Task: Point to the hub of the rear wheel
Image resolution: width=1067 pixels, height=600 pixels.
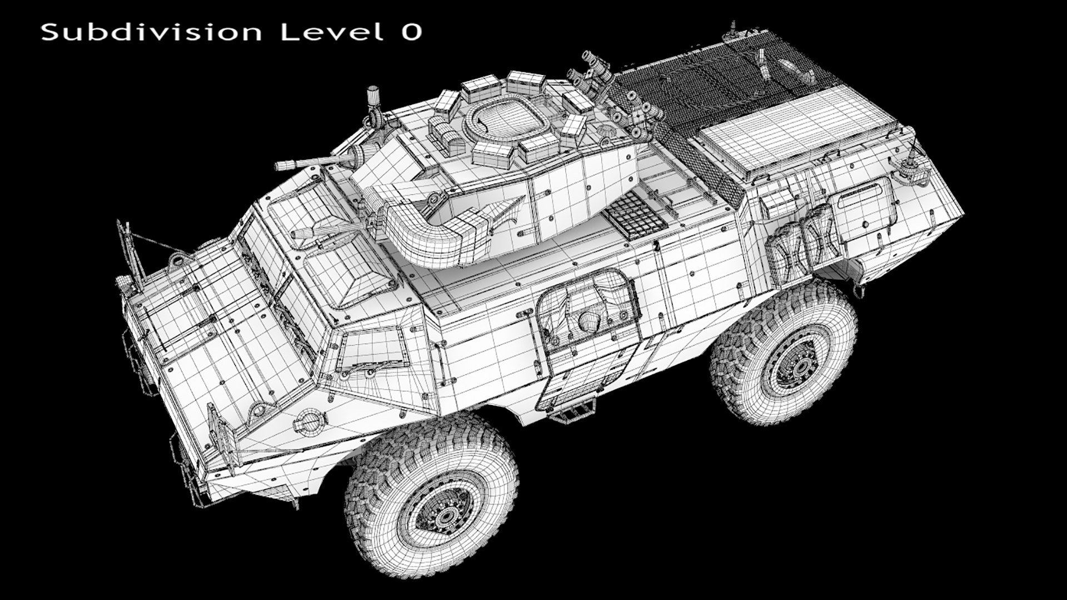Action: pos(801,367)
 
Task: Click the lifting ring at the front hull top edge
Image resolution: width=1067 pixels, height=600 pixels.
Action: pos(178,259)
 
